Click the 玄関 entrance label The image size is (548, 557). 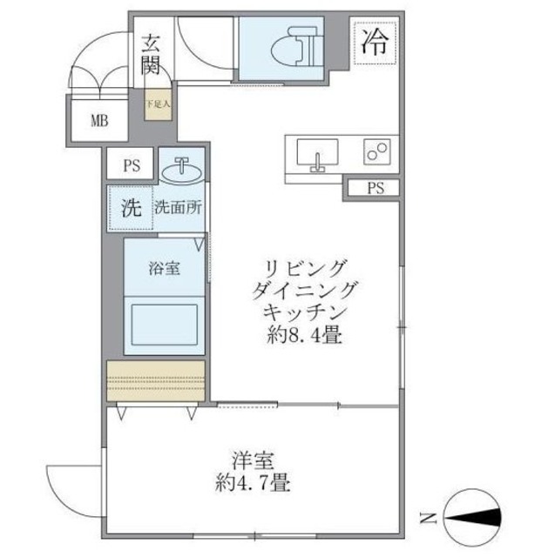point(151,53)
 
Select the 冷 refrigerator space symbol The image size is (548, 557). point(375,40)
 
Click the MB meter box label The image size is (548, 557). point(98,120)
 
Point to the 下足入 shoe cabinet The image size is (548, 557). point(158,105)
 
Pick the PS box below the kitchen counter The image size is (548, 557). point(373,188)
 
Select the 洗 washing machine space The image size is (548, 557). point(130,208)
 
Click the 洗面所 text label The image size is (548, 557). point(179,208)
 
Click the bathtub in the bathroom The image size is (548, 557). point(165,323)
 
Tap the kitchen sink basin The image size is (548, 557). point(315,156)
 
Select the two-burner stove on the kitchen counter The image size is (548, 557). point(377,153)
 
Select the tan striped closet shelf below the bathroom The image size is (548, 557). point(156,380)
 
